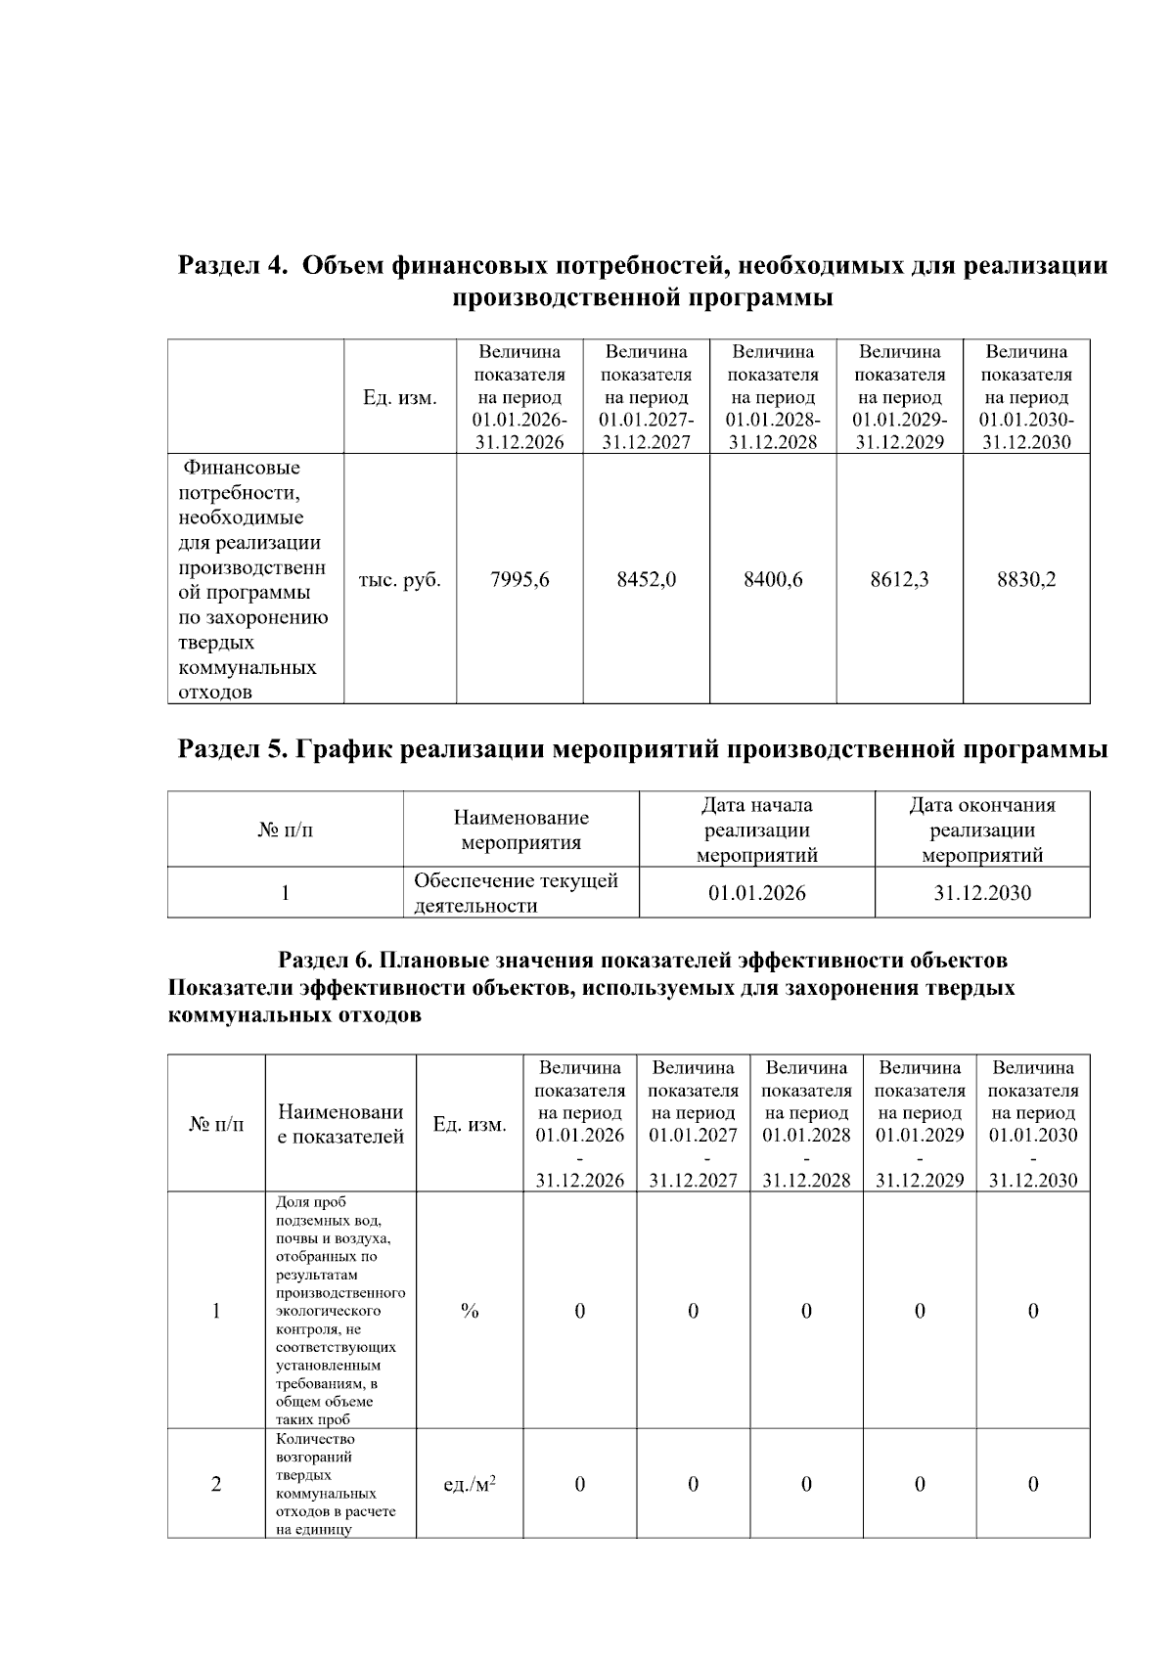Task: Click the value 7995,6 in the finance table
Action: click(x=519, y=580)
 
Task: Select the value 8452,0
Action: click(x=646, y=580)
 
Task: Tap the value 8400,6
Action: click(x=773, y=580)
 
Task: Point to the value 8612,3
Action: click(x=899, y=580)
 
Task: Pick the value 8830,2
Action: click(x=1026, y=580)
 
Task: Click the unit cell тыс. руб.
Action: click(x=400, y=580)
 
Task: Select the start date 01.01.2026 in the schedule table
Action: click(x=757, y=893)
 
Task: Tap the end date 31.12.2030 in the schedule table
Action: click(x=982, y=893)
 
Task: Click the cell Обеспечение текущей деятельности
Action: click(x=516, y=893)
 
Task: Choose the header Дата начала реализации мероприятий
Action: click(x=757, y=830)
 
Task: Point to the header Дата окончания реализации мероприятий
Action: click(x=982, y=830)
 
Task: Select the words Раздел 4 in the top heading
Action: click(x=233, y=266)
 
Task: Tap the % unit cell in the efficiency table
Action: click(x=470, y=1311)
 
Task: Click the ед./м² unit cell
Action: click(x=470, y=1485)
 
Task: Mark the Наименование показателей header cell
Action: click(x=340, y=1124)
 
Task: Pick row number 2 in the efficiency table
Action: click(x=216, y=1485)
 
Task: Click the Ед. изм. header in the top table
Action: click(x=400, y=398)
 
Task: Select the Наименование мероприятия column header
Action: click(x=520, y=830)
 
